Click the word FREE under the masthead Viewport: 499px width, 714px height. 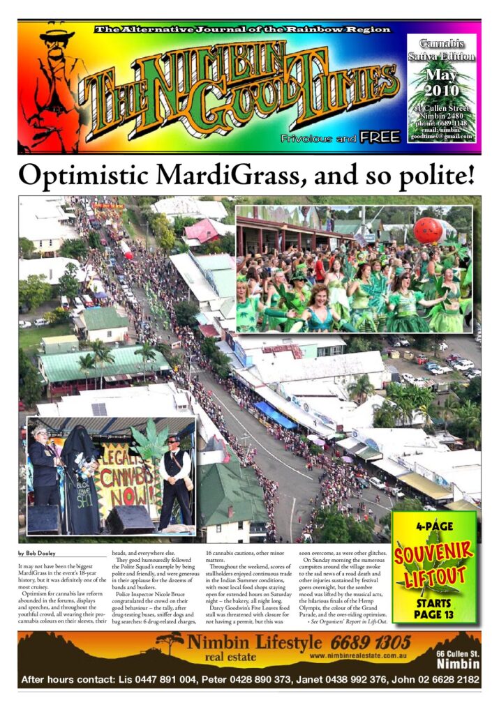click(380, 137)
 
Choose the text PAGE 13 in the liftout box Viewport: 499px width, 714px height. click(434, 614)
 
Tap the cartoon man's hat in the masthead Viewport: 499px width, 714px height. click(57, 35)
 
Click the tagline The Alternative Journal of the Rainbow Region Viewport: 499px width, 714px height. click(242, 29)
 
